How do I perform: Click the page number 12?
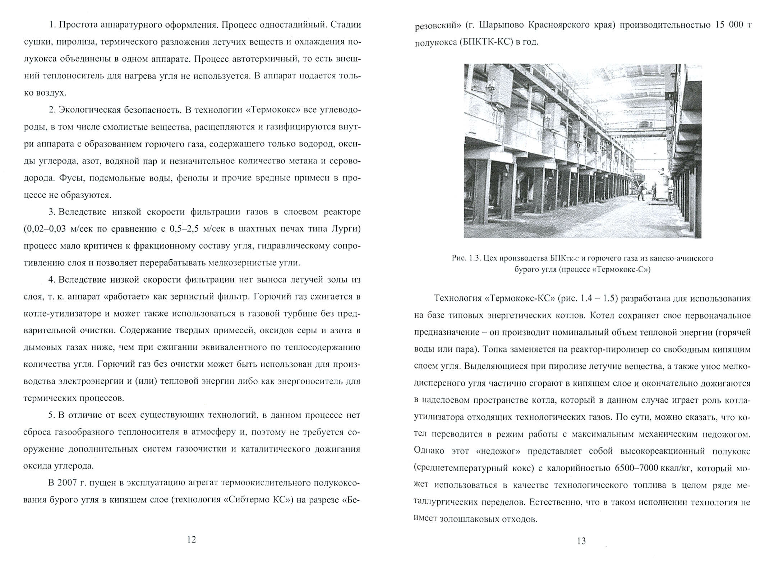[x=192, y=539]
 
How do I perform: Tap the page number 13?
[x=581, y=541]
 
